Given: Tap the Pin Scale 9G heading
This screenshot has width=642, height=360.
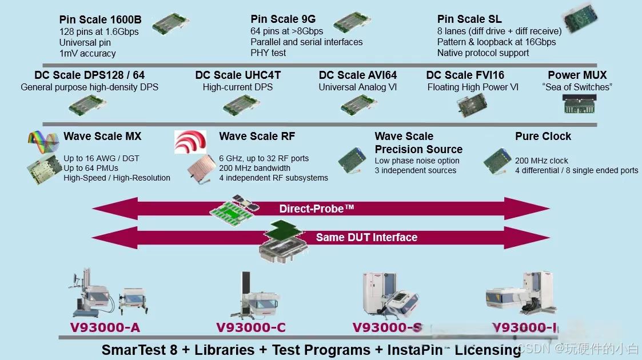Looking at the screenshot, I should click(283, 19).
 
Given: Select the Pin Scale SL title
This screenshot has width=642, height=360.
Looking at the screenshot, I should click(469, 19).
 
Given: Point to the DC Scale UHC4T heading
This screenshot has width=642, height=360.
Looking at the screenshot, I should click(238, 75).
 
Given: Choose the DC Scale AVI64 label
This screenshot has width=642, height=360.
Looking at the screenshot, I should click(357, 75).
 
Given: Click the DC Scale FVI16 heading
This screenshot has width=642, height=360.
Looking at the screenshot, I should click(465, 75).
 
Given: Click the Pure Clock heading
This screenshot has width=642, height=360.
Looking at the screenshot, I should click(543, 136).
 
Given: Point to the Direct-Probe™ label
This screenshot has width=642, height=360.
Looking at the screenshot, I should click(317, 209).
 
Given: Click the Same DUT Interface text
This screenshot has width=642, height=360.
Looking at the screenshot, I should click(366, 237).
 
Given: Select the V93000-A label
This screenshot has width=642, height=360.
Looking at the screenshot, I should click(105, 327).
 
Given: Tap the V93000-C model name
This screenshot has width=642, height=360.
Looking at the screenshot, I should click(250, 327).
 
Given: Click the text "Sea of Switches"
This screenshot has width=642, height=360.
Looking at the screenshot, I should click(577, 87).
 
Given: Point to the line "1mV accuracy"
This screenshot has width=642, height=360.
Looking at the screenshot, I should click(87, 53).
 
